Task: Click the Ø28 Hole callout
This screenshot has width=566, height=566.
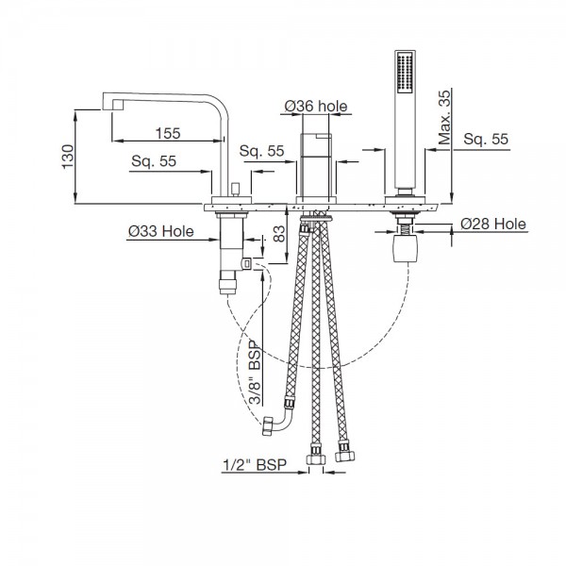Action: click(493, 225)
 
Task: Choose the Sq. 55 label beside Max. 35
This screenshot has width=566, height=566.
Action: click(487, 139)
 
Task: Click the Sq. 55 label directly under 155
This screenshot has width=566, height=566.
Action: click(155, 161)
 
